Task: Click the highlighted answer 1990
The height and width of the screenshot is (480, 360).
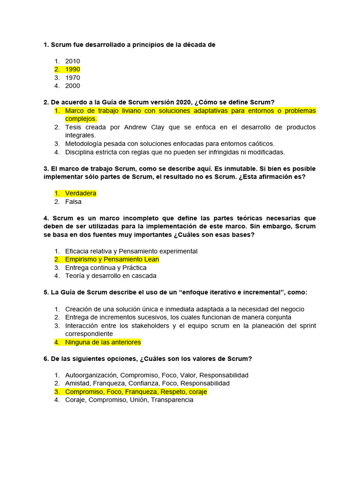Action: pos(73,69)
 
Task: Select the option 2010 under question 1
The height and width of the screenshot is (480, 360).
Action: pos(73,61)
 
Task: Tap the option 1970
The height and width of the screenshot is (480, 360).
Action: pos(73,78)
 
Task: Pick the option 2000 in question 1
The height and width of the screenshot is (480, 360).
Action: pos(73,86)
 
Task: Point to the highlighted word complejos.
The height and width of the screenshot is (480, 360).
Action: pos(81,119)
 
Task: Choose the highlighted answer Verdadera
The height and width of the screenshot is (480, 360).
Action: pos(81,193)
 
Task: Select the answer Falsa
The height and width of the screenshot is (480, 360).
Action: pos(73,202)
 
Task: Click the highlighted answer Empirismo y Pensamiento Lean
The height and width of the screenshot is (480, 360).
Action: pos(112,259)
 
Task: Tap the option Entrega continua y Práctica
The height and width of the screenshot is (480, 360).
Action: pos(106,268)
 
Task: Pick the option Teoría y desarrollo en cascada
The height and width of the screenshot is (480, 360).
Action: pos(111,276)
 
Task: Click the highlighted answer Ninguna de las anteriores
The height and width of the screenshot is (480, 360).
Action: pos(103,342)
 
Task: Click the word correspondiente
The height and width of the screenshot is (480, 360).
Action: pos(88,334)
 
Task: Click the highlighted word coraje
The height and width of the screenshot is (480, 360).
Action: pos(197,391)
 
